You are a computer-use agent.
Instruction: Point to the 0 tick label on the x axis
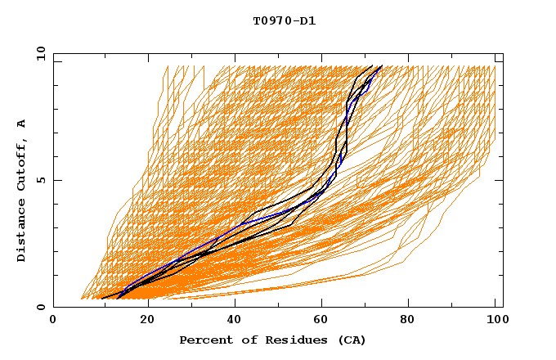tap(53, 321)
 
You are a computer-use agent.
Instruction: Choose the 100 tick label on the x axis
tap(495, 321)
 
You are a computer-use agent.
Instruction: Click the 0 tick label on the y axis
tap(40, 307)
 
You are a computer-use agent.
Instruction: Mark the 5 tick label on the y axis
tap(40, 180)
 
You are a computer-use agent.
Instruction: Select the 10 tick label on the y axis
tap(38, 53)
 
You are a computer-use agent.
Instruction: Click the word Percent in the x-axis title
tap(204, 340)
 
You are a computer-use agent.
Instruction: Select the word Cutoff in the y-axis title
tap(22, 164)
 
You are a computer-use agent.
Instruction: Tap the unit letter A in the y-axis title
tap(22, 123)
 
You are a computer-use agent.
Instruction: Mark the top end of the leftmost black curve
tap(373, 65)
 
